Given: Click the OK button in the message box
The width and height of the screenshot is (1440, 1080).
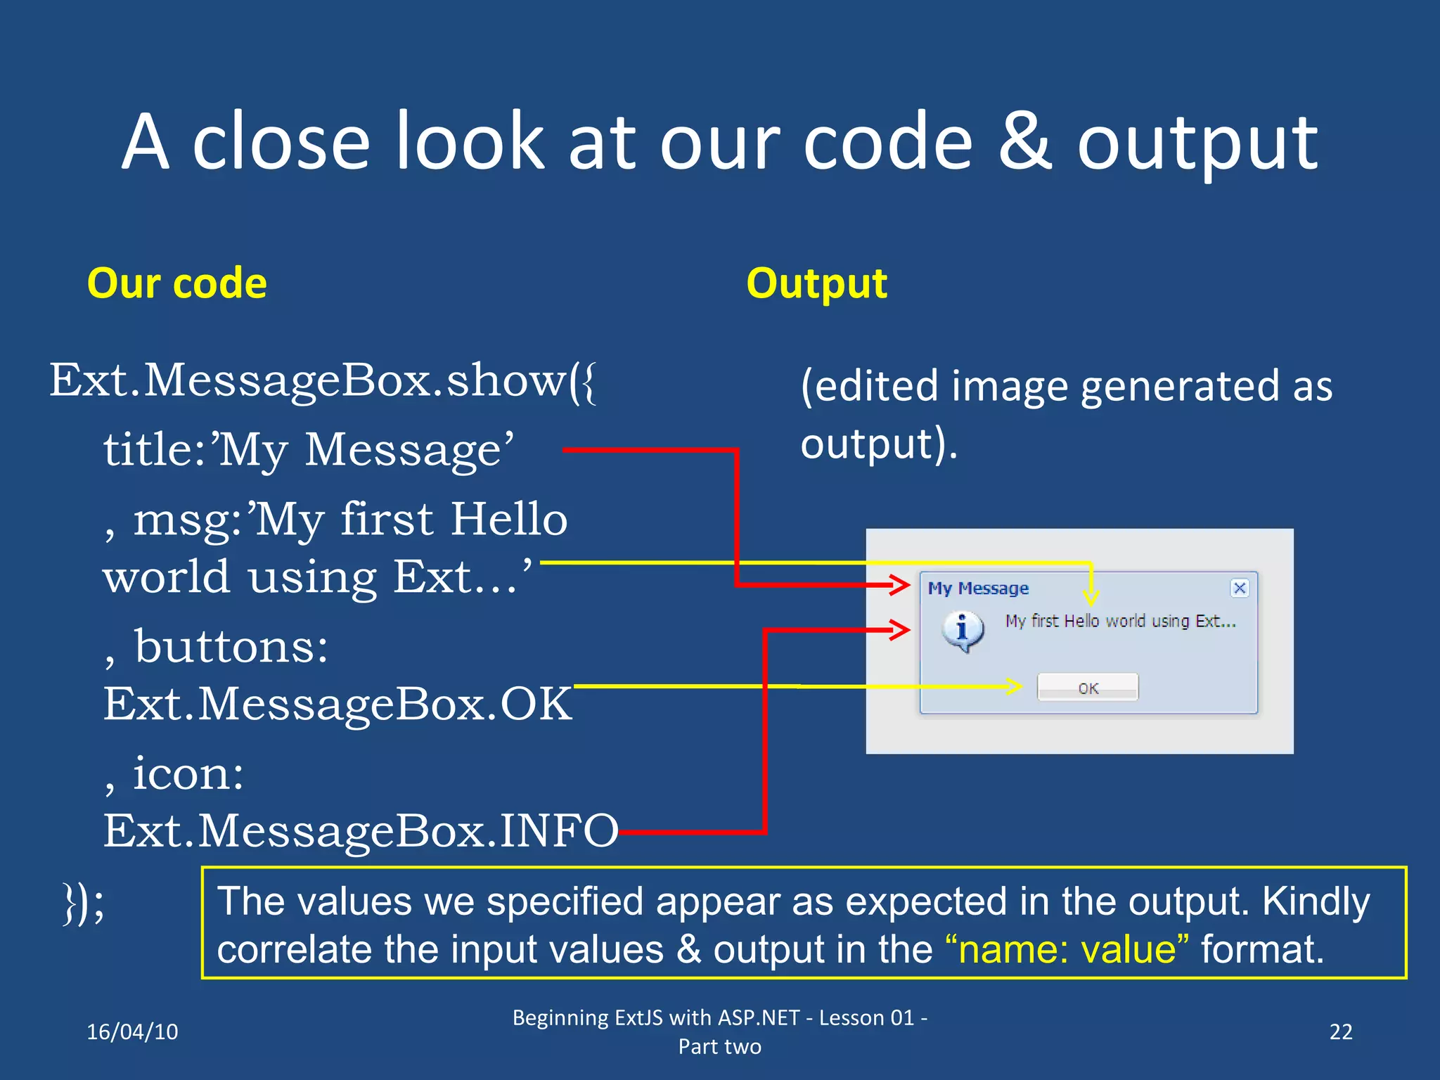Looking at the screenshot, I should (1088, 687).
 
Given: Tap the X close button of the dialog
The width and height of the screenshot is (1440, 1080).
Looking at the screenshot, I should (1240, 588).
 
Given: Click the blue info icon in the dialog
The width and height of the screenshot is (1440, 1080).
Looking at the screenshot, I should (963, 630).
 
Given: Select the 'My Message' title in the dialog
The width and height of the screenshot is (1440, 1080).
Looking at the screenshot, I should (978, 589).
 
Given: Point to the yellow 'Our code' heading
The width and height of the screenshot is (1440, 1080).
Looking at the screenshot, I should (176, 283).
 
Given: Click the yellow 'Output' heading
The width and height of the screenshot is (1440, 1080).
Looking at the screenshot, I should (816, 283).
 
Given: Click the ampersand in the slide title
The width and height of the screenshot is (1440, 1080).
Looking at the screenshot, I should (1025, 143).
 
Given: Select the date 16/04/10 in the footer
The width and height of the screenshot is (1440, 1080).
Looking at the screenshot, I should (132, 1031).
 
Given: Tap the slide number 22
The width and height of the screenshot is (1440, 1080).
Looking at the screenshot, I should (1340, 1031).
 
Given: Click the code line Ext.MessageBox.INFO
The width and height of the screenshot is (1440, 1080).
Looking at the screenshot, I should (360, 830).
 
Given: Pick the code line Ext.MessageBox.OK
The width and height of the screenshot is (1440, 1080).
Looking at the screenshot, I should (337, 704).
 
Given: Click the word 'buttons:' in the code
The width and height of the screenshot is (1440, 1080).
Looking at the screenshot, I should (231, 646).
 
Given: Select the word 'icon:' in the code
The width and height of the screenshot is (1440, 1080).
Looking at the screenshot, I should (188, 773).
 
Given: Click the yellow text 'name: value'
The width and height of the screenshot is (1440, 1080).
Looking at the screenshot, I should (1067, 950).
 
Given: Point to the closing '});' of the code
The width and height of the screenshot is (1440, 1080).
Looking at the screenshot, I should (83, 904).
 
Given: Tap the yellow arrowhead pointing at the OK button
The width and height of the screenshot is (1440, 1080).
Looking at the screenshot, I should (1013, 686).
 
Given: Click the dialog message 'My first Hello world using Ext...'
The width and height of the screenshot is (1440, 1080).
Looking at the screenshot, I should (1119, 621).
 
